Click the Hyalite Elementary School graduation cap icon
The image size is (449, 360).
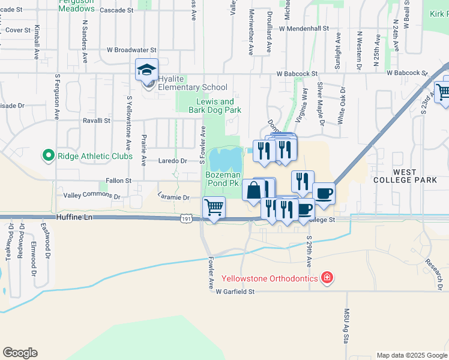pos(146,70)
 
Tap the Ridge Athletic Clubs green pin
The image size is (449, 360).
pos(48,156)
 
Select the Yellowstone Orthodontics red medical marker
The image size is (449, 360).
pos(326,278)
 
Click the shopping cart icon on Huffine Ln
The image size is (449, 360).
pos(214,208)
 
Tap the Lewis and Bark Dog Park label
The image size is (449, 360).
pos(219,106)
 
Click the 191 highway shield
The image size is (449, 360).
pos(186,220)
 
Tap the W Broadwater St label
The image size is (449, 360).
pos(131,50)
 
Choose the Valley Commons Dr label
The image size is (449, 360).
pos(92,196)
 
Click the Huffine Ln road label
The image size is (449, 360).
pos(75,217)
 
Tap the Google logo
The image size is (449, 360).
pos(20,353)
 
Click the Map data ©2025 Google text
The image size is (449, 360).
pos(411,355)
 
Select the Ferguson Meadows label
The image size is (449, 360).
pos(76,5)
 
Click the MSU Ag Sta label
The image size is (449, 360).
pos(346,324)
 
